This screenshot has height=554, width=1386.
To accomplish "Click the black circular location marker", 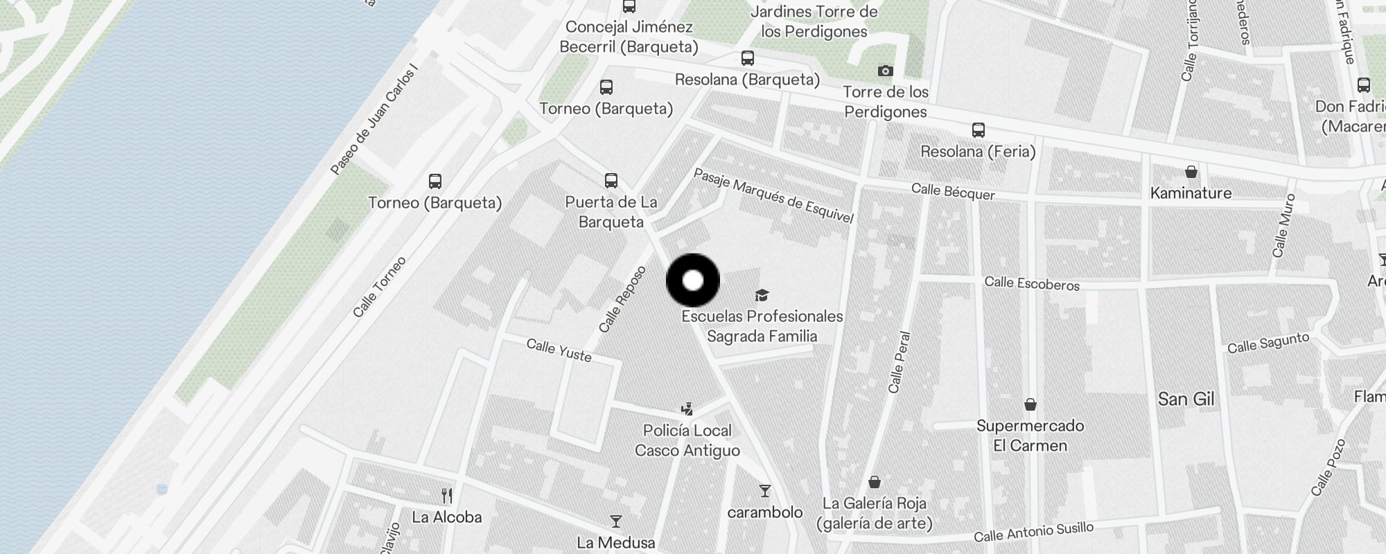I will coord(693,280).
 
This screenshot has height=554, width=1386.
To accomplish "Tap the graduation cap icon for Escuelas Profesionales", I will coord(762,296).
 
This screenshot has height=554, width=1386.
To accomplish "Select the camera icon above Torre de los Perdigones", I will coord(885,71).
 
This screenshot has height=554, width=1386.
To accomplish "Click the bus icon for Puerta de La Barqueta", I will coord(611,181).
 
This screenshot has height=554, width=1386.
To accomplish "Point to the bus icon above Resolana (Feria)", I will coord(978,130).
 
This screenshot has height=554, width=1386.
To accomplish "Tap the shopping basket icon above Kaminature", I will coord(1191,171).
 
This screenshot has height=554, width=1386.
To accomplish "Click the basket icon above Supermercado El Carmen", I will coord(1030,404).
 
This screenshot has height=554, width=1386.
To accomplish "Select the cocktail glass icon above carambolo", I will coord(764,491).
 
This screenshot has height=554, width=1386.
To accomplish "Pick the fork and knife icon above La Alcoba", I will coord(447,496).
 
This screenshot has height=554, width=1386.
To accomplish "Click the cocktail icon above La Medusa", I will coord(615,521).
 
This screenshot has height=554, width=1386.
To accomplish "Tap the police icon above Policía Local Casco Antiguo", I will coord(687,409).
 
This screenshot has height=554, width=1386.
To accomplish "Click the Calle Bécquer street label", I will coord(953,192).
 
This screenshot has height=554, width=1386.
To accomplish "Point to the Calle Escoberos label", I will coord(1032,283).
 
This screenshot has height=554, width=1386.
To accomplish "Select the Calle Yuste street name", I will coord(559,350).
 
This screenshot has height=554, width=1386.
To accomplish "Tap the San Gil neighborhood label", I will coord(1186,399).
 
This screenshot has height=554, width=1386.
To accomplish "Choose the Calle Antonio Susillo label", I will coord(1033,533).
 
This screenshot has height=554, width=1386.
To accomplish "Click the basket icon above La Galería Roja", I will coord(875,482).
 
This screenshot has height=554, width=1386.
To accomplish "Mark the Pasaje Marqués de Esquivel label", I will coord(773,196).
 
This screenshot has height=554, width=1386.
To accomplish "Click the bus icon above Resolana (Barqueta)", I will coord(747,58).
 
